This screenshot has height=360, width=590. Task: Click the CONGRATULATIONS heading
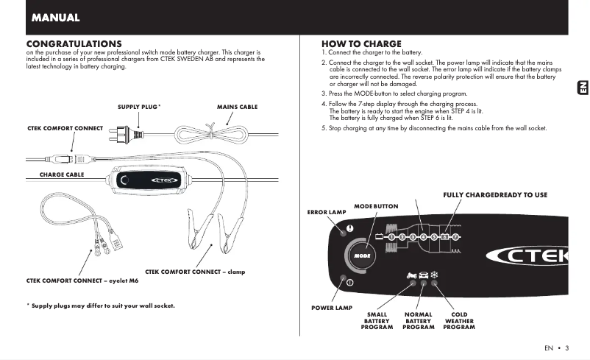coord(74,44)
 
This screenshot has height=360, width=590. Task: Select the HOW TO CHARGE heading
coord(361,44)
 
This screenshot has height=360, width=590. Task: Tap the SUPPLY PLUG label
coord(139,107)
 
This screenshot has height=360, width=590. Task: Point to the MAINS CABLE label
coord(237,107)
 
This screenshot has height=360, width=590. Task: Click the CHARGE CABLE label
coord(62,174)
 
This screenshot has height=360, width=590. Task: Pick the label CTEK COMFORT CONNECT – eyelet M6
coord(73,281)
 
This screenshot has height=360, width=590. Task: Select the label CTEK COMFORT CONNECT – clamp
coord(195,272)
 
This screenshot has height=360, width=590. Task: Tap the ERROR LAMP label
coord(326,213)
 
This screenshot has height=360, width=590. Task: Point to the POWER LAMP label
coord(331,307)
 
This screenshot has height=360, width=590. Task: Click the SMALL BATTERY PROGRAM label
coord(377,321)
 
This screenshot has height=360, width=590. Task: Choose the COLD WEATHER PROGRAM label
coord(459,321)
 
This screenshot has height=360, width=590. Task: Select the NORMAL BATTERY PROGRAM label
coord(418,321)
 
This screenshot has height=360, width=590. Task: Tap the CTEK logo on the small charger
coord(166,180)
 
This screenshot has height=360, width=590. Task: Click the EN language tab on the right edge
coord(580,88)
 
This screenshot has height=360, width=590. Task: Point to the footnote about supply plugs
coord(101,306)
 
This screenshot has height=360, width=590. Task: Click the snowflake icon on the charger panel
coord(434,275)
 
